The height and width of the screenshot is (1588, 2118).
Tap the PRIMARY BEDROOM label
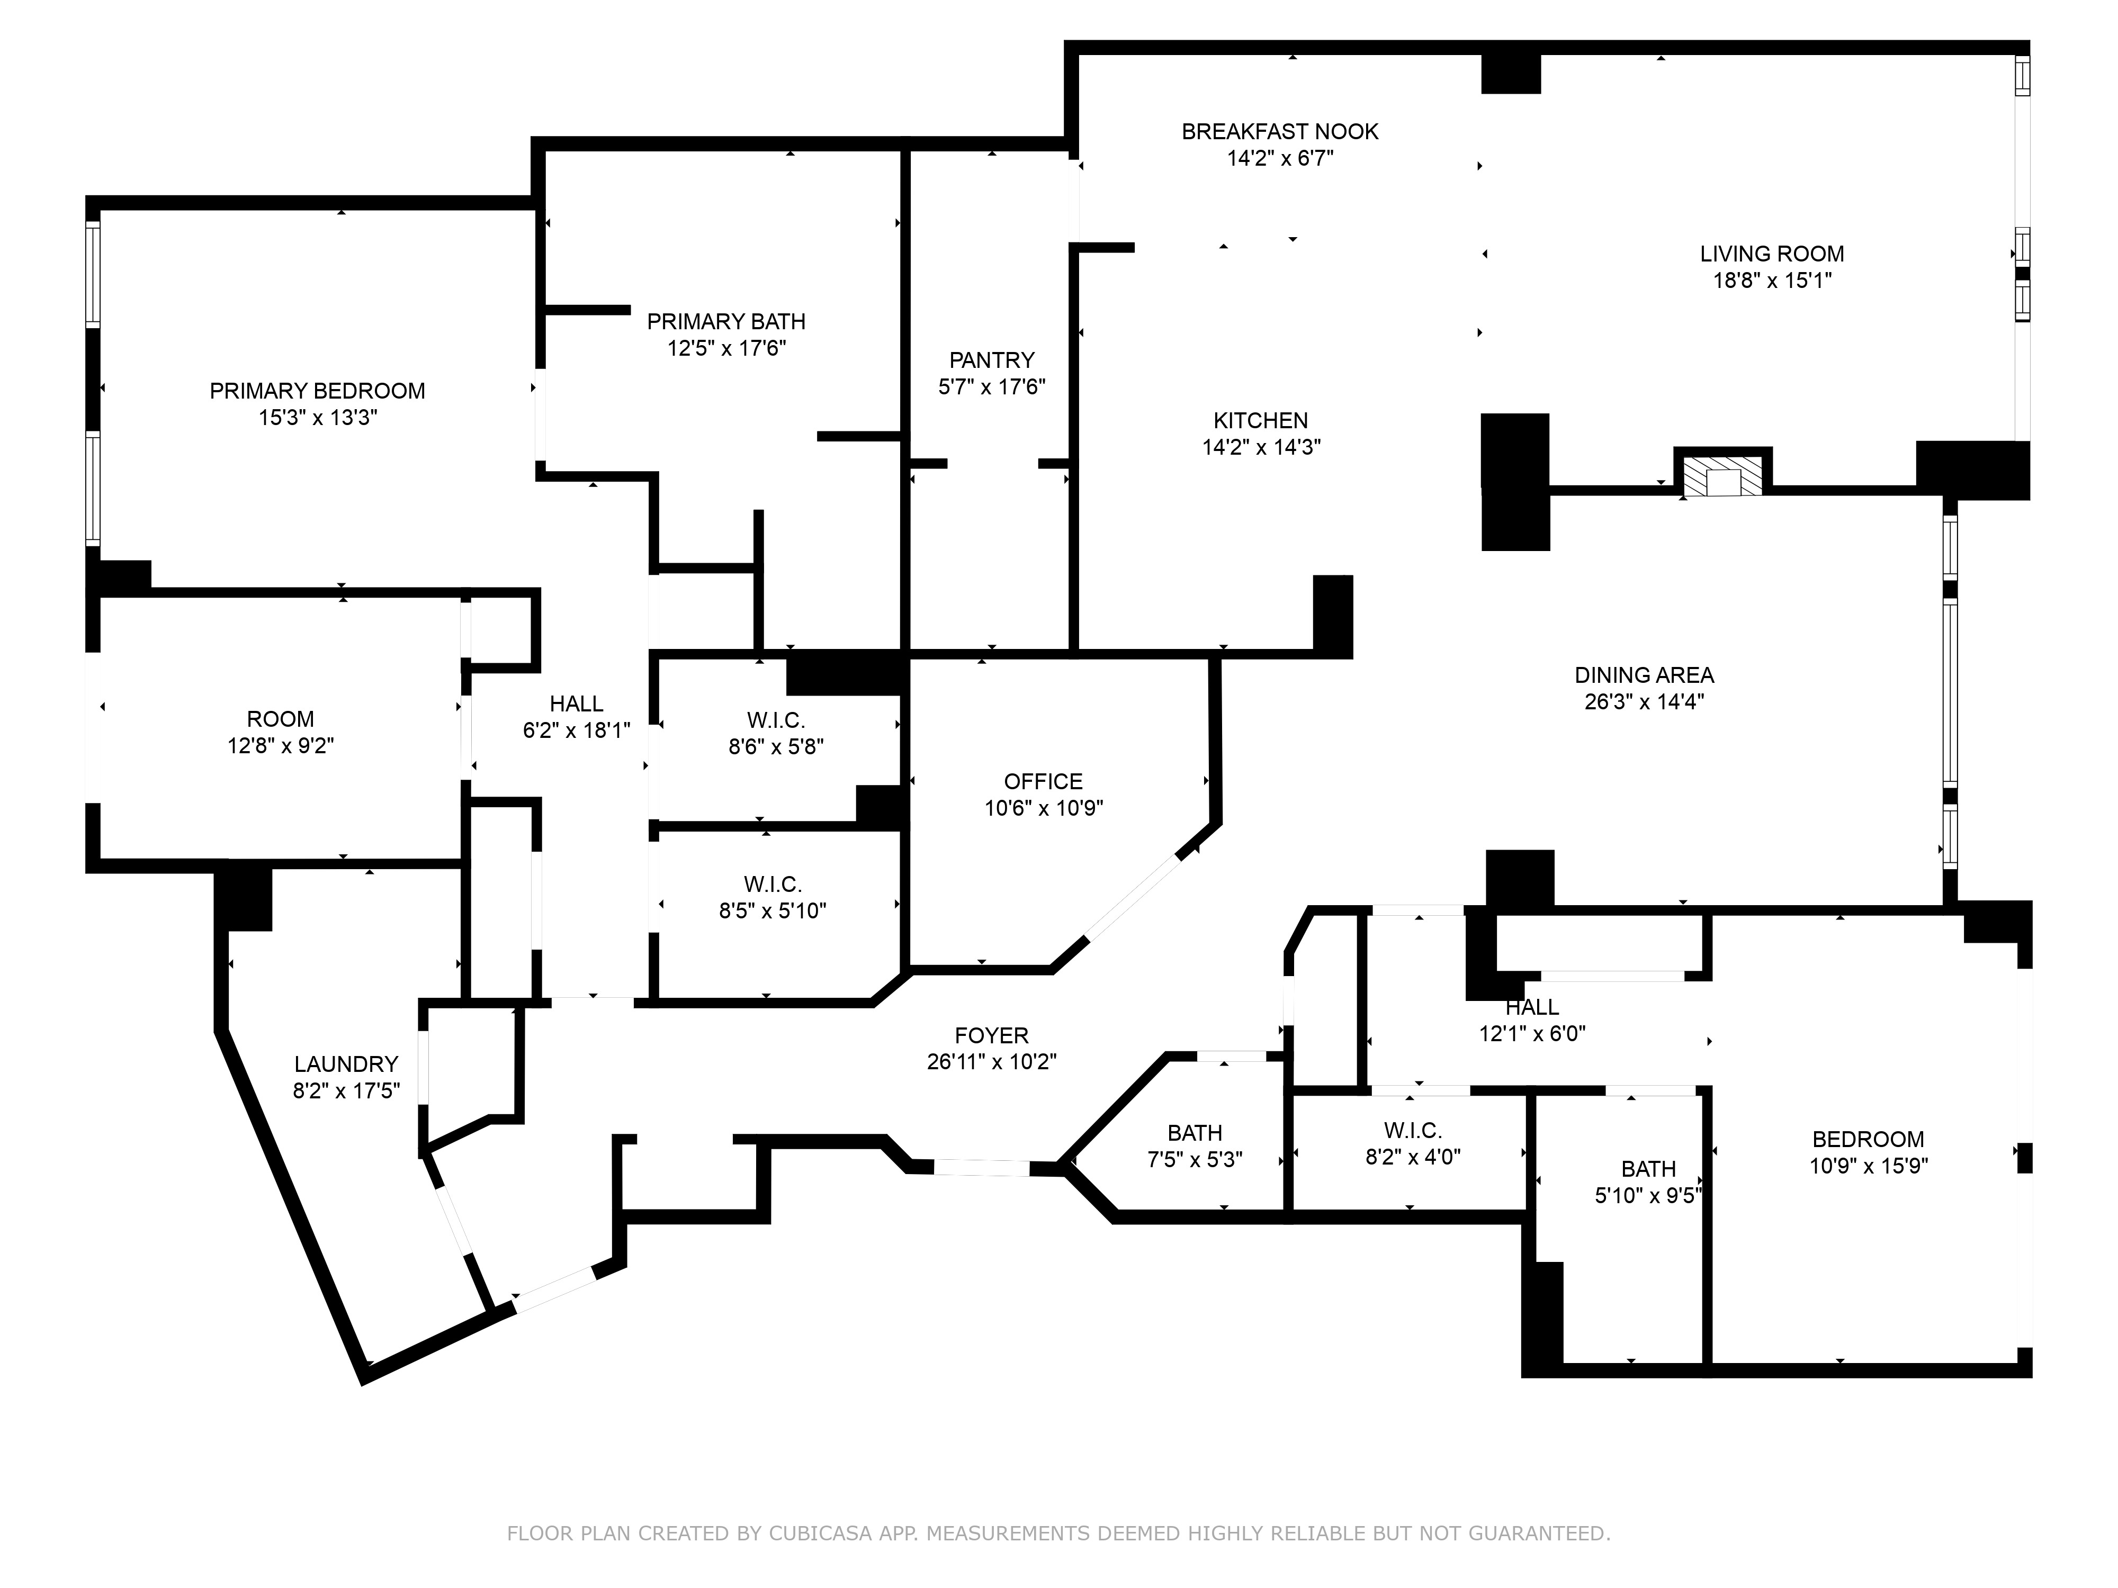[x=317, y=391]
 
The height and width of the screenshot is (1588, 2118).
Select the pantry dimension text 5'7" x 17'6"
[x=991, y=387]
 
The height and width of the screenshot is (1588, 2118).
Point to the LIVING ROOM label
[x=1771, y=254]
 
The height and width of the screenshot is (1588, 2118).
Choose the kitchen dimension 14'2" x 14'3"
[x=1261, y=447]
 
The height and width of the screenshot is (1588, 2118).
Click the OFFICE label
[x=1043, y=781]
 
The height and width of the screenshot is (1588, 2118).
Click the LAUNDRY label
[x=346, y=1063]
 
